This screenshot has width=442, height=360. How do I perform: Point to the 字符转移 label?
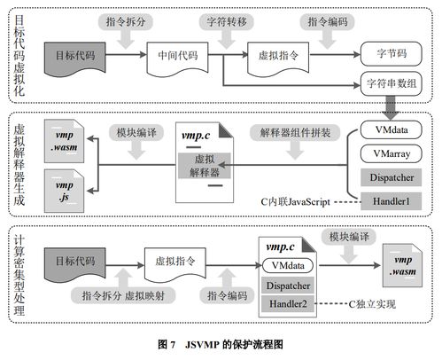point(221,20)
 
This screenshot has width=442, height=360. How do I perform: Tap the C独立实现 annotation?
point(373,304)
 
